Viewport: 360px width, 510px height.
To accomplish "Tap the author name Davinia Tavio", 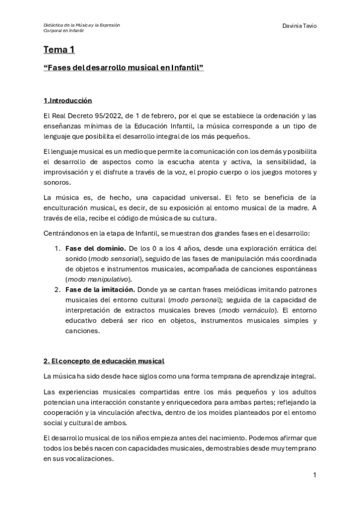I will [x=299, y=26].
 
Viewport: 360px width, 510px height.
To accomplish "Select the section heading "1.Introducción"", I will [x=67, y=100].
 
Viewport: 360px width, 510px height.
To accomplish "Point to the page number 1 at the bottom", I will [x=314, y=475].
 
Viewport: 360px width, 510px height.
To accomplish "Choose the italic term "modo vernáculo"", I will [x=249, y=310].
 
